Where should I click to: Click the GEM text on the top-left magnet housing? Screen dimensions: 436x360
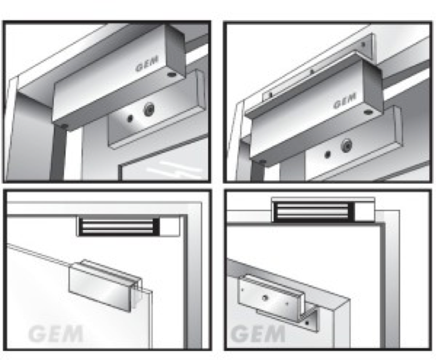coord(148,64)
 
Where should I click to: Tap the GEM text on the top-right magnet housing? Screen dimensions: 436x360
coord(345,101)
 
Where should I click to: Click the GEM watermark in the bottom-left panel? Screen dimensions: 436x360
coord(56,334)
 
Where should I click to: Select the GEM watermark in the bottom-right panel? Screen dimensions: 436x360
coord(258,334)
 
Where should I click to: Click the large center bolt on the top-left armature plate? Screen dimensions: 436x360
coord(150,110)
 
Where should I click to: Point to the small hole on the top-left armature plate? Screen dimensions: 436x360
coord(130,119)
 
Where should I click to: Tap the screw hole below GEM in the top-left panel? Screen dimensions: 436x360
coord(172,75)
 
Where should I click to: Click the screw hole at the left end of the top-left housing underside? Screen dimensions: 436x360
coord(64,126)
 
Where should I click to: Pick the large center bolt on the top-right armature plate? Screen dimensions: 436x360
coord(346,145)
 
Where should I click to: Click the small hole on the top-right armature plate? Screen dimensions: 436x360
coord(328,154)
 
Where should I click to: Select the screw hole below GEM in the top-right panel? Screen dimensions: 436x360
coord(368,112)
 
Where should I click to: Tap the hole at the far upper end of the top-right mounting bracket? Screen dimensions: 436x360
coord(363,44)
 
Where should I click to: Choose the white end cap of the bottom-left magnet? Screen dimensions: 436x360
coord(169,226)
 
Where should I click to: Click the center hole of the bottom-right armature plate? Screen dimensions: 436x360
coord(265,298)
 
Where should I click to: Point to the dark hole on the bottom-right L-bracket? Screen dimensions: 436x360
coord(307,323)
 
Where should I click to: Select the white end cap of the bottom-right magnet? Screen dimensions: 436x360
coord(364,212)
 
